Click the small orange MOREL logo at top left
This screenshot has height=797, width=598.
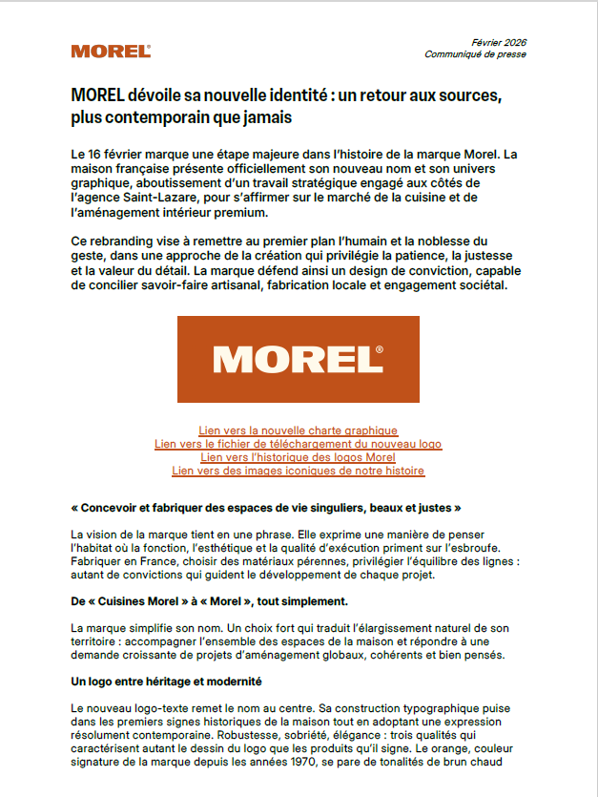[111, 52]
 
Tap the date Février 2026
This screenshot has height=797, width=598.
[499, 43]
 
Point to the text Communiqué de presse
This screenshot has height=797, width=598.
[475, 54]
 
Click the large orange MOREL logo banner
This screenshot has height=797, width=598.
[298, 359]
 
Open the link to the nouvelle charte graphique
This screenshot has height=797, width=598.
[298, 430]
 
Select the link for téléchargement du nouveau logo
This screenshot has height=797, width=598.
[298, 444]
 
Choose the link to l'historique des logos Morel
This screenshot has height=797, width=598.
[298, 457]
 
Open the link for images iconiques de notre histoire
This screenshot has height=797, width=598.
[298, 471]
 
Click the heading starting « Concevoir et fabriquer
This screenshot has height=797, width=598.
[266, 508]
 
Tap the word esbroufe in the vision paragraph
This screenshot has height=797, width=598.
[516, 548]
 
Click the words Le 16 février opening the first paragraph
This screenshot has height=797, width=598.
[113, 154]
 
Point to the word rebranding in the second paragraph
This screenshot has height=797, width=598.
[128, 241]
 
